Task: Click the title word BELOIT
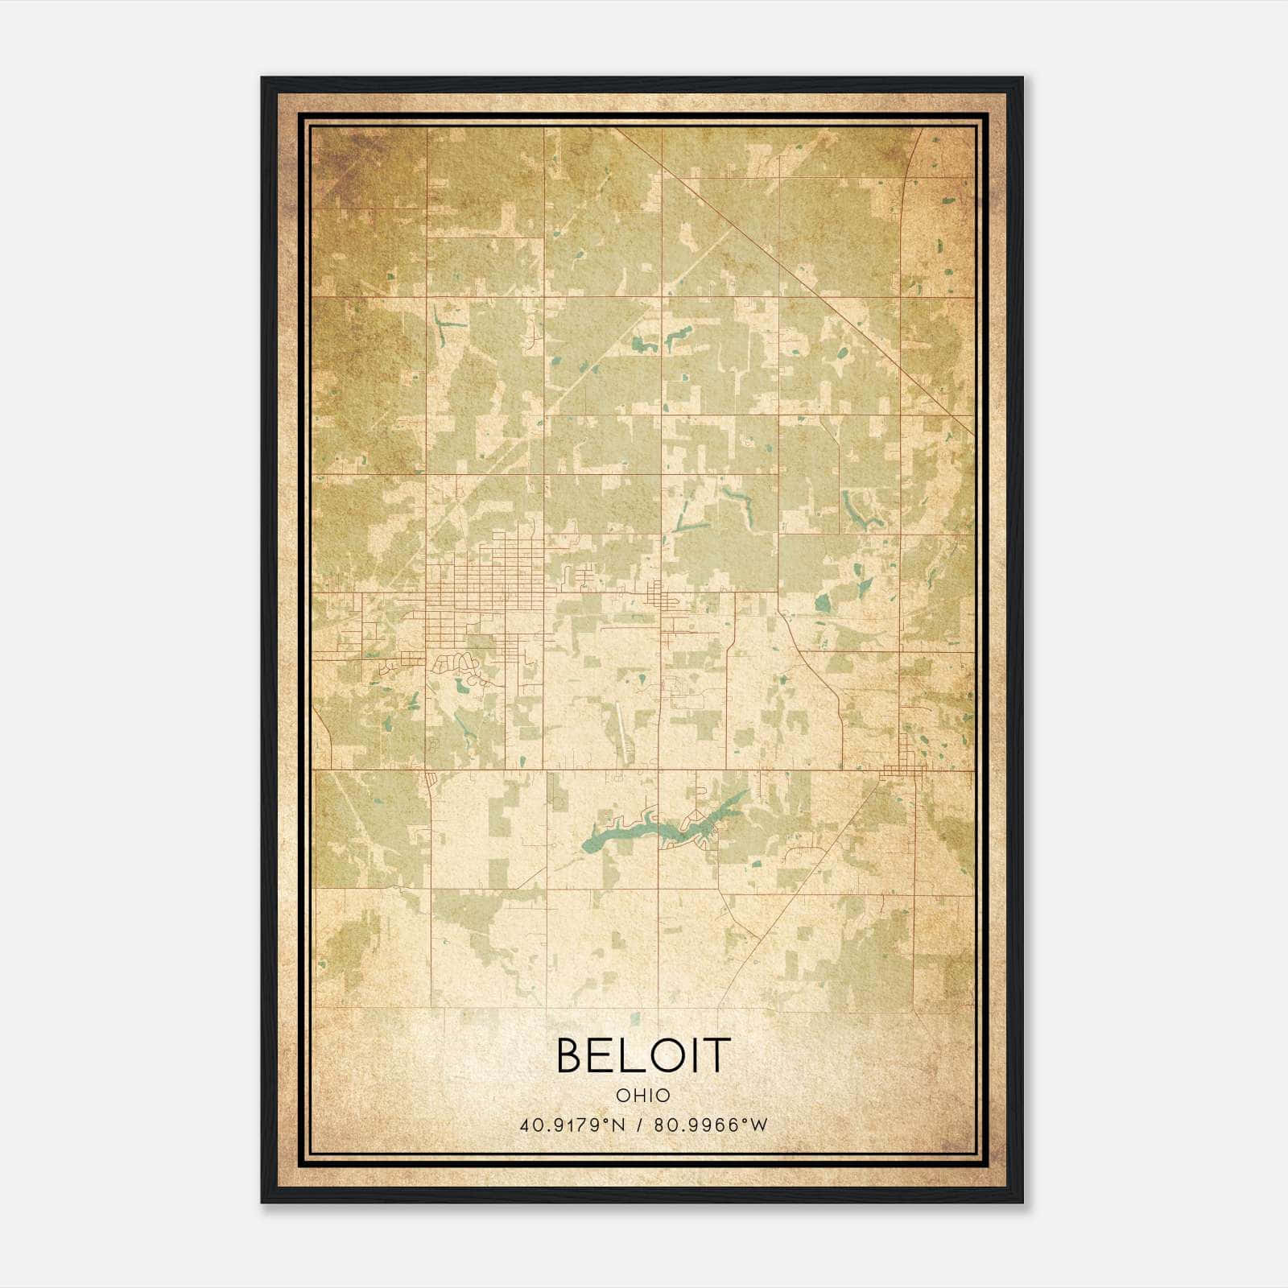pyautogui.click(x=643, y=1055)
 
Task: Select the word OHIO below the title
pyautogui.click(x=643, y=1095)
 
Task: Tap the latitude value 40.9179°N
pyautogui.click(x=572, y=1125)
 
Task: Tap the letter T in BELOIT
pyautogui.click(x=716, y=1055)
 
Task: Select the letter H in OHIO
pyautogui.click(x=636, y=1095)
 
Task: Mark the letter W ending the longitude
pyautogui.click(x=759, y=1125)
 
